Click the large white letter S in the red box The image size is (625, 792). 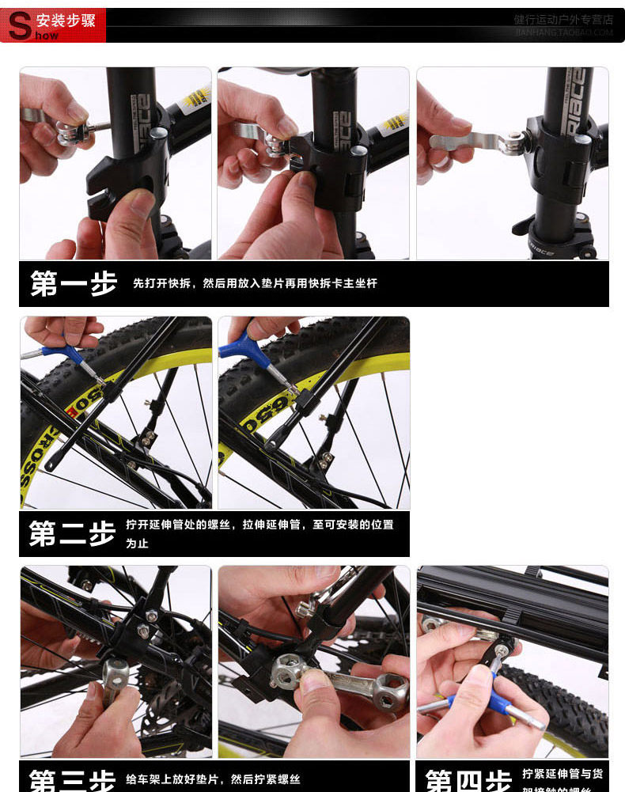(19, 26)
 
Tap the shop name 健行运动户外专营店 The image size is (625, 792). (562, 20)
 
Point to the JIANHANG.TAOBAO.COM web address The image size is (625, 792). (563, 33)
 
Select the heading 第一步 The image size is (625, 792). (74, 283)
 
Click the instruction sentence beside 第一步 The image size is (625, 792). (255, 283)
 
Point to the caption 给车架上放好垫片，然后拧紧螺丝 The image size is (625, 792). (214, 780)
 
